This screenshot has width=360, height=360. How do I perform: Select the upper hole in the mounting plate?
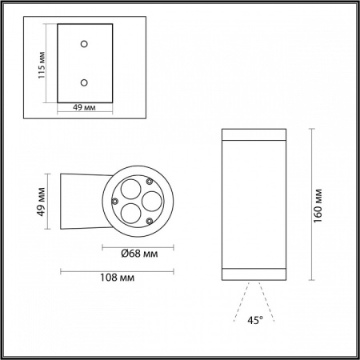(x=83, y=46)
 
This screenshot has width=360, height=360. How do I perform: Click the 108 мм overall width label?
(x=118, y=278)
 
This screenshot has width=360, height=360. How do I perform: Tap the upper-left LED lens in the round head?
(x=127, y=189)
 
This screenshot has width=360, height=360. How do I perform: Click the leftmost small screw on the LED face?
(x=115, y=200)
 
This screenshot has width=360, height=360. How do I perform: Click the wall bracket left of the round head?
(x=80, y=199)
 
